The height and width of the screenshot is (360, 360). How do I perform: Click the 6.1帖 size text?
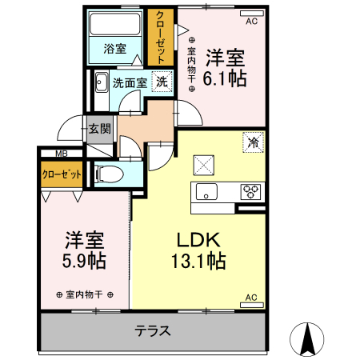[x=225, y=78]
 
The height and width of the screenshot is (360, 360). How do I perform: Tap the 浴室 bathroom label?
[x=115, y=49]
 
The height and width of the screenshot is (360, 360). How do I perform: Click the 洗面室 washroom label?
[x=128, y=82]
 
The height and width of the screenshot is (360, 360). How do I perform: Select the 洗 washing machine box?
[x=162, y=81]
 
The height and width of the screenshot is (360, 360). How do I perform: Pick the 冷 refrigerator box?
[x=253, y=143]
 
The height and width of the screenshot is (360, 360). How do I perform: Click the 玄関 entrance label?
[x=99, y=128]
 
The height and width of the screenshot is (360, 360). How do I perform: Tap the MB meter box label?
[x=61, y=154]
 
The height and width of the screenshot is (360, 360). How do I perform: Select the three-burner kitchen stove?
[x=251, y=191]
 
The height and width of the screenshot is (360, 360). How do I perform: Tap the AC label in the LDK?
[x=251, y=298]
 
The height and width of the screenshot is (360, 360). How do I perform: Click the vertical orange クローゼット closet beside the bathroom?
[x=161, y=37]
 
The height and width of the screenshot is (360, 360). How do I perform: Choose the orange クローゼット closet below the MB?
[x=61, y=174]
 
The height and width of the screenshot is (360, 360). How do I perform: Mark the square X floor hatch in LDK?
[x=203, y=166]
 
